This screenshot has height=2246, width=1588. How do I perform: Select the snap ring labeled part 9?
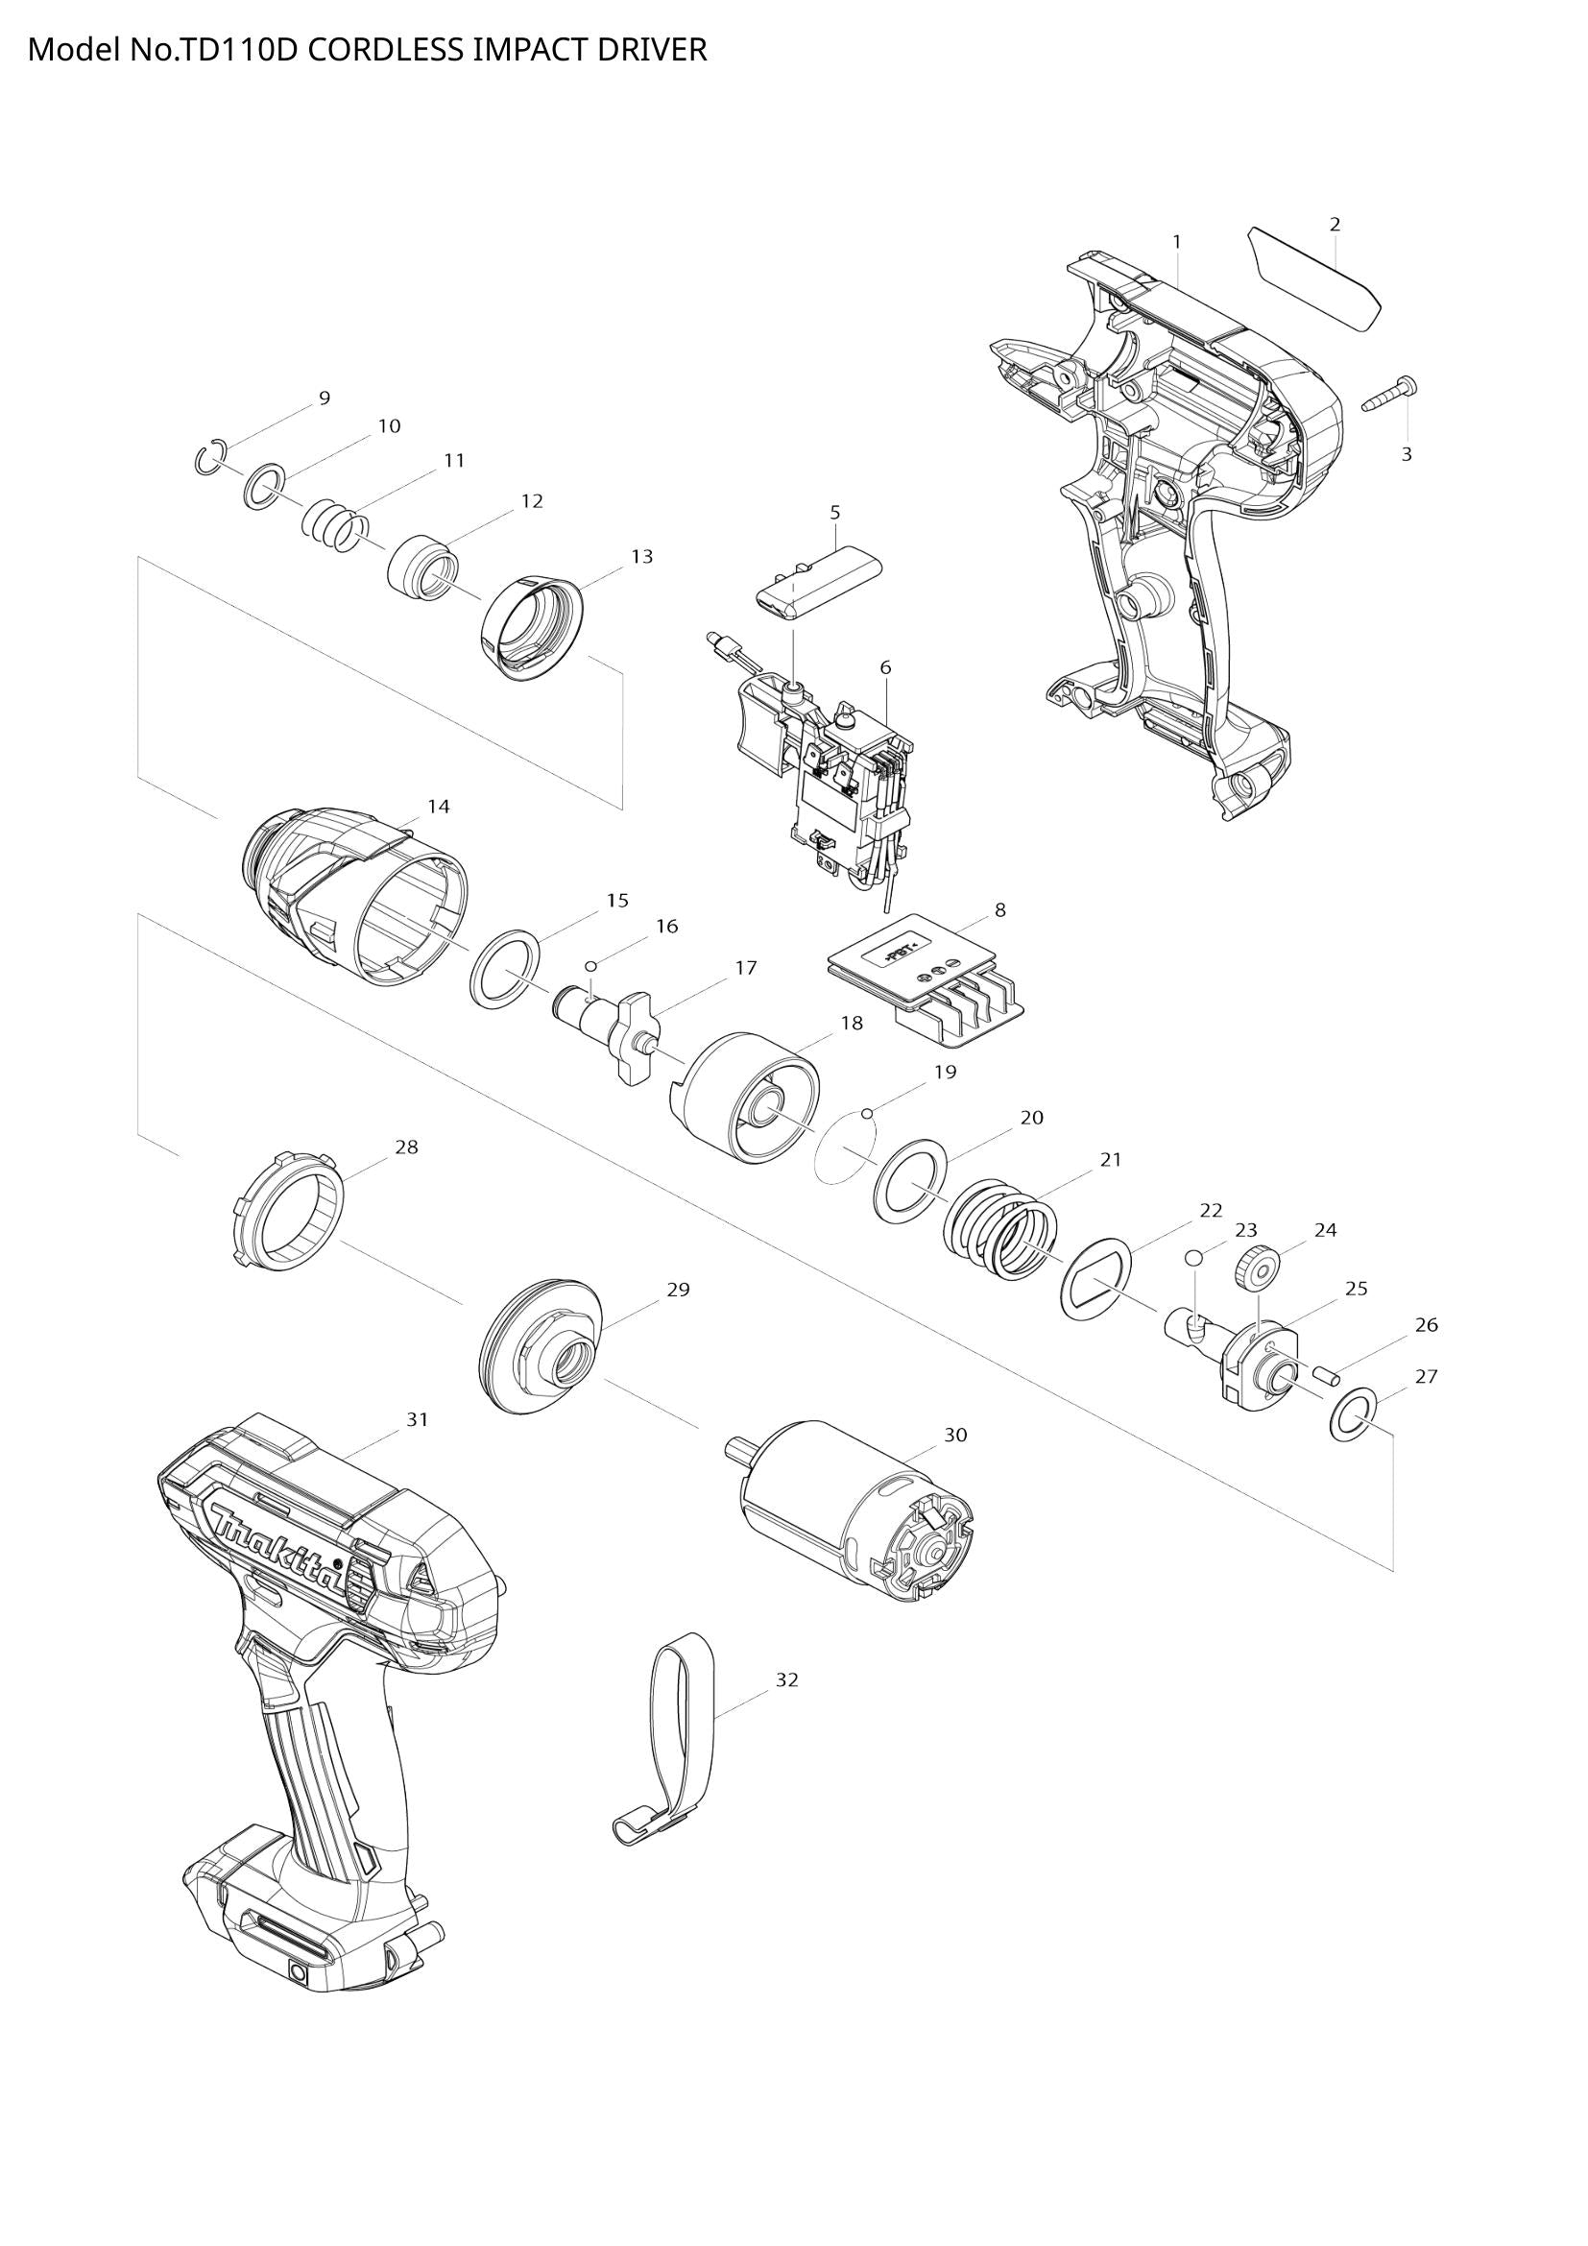click(x=210, y=458)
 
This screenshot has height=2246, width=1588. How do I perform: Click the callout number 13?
click(x=641, y=557)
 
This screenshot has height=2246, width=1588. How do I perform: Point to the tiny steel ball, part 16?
click(x=590, y=967)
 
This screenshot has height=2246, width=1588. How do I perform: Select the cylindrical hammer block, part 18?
click(x=749, y=1099)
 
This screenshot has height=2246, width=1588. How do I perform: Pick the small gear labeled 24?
click(x=1260, y=1271)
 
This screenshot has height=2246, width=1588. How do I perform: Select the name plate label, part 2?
click(x=1315, y=276)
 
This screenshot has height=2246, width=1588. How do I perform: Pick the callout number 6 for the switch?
click(x=885, y=667)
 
